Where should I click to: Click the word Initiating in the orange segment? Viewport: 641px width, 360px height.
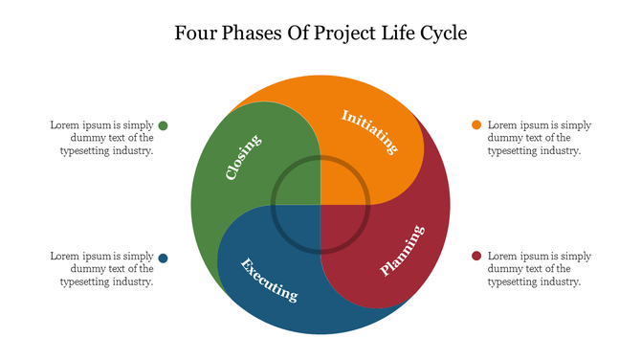click(x=369, y=132)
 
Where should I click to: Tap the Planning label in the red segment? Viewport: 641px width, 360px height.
click(x=402, y=250)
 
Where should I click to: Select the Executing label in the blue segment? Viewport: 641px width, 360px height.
click(x=268, y=279)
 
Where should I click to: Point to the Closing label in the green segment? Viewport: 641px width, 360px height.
click(x=243, y=157)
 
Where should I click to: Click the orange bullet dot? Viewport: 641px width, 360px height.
click(x=476, y=125)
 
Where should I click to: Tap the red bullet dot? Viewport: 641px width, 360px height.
click(x=476, y=257)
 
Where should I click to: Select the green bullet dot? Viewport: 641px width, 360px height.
click(x=164, y=125)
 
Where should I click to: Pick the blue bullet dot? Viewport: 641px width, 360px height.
click(x=164, y=258)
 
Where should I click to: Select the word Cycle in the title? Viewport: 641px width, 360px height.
click(x=442, y=34)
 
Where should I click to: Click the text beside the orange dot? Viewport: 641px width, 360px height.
click(x=539, y=138)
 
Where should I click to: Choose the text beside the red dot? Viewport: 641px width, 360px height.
click(x=539, y=269)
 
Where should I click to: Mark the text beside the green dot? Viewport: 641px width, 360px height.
click(x=103, y=138)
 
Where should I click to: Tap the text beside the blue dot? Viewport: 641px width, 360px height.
click(x=103, y=269)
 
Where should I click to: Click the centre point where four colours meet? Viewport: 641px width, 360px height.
click(x=320, y=204)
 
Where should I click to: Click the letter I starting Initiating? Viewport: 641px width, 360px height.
click(x=345, y=116)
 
